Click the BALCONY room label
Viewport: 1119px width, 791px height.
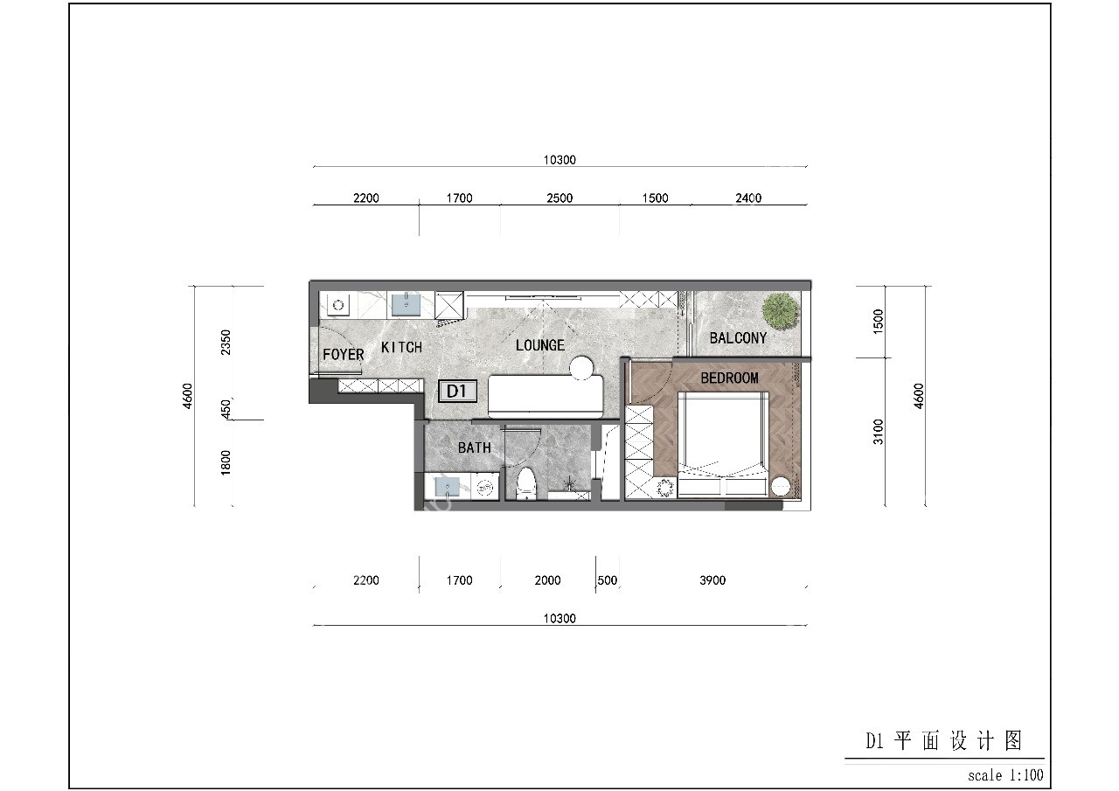738,338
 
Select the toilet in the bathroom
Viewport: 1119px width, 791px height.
525,483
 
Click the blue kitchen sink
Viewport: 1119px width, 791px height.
406,304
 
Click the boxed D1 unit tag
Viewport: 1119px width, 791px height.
457,391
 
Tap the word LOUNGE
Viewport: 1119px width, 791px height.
539,345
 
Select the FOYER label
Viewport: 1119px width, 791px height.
343,355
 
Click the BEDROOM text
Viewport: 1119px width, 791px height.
729,378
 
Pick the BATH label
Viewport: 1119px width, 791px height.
474,448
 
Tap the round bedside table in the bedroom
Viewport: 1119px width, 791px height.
780,486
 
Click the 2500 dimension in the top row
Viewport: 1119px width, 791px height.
559,198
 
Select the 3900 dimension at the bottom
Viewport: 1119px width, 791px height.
712,580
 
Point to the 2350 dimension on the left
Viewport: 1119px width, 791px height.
226,342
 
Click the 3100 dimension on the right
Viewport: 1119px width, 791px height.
879,431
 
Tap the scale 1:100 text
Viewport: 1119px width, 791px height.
1005,775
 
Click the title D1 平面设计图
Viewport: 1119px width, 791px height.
943,742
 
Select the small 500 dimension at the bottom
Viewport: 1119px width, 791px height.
607,580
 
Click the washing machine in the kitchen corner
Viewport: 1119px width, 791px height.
338,305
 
